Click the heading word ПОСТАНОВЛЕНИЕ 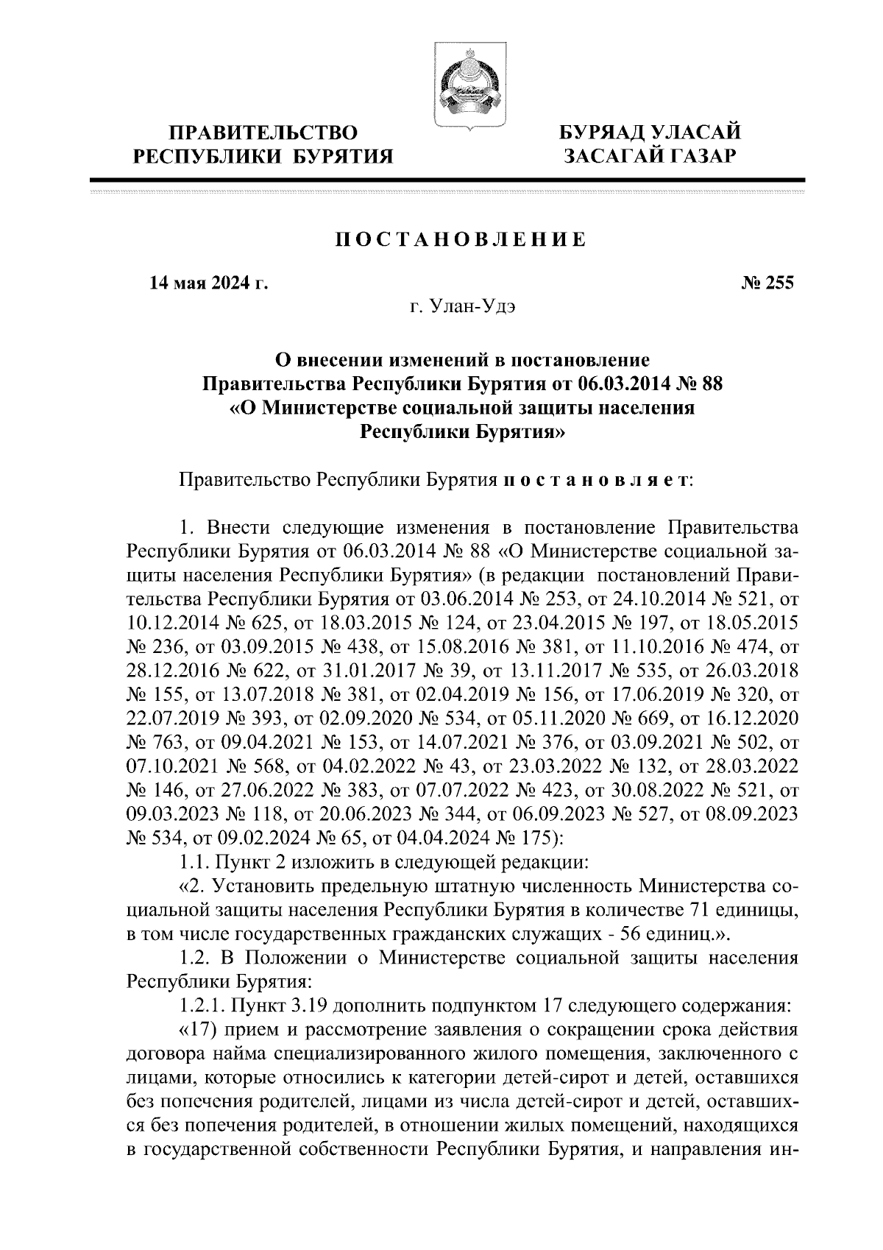click(x=462, y=241)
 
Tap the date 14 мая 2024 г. click(x=208, y=283)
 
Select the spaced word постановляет click(x=595, y=481)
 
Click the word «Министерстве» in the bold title click(x=330, y=407)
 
